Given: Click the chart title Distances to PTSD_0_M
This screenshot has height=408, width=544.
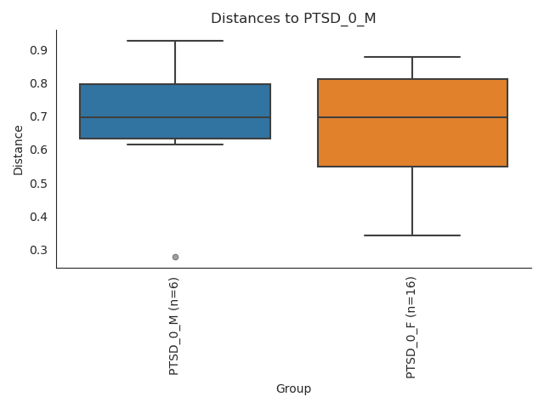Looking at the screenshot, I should [292, 19].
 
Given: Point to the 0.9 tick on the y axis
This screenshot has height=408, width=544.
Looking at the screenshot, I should [39, 50].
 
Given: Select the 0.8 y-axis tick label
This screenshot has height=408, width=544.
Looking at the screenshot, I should [39, 83].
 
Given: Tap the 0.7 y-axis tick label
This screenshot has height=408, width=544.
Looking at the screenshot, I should [39, 116].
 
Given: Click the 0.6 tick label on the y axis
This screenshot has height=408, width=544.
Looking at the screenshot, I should [39, 150].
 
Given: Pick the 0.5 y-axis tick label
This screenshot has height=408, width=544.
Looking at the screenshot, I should [39, 184].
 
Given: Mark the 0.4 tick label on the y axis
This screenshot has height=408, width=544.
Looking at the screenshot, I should [39, 217].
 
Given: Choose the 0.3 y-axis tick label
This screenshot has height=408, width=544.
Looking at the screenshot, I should [39, 250].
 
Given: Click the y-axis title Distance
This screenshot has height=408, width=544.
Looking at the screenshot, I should [19, 150].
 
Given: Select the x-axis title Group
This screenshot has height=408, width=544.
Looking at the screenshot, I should [293, 388].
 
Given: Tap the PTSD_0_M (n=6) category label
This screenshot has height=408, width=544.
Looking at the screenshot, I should [174, 326].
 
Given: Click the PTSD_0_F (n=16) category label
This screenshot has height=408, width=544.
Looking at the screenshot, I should [411, 327].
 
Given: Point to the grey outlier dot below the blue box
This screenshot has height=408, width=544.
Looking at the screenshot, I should [175, 257].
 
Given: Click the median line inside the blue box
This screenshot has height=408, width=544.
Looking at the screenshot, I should [175, 117].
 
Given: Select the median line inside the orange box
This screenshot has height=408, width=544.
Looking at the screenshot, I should [412, 117].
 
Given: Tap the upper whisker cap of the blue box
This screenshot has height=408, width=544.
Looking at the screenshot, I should [175, 41].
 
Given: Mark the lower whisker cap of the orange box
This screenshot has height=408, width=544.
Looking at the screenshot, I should [412, 235].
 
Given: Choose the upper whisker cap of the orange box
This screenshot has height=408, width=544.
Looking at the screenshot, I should [412, 57].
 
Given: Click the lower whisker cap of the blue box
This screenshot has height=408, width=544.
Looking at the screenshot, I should [175, 144].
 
